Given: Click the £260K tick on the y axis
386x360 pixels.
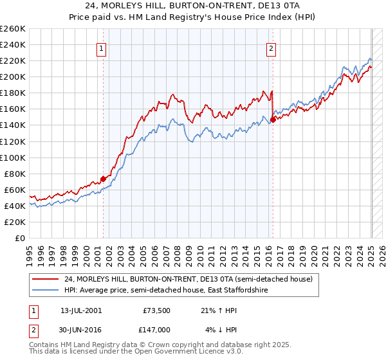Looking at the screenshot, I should point(13,28).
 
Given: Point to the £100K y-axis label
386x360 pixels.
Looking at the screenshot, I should point(13,157).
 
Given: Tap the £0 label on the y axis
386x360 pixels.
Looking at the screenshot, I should point(19,238).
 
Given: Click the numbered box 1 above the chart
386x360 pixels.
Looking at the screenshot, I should point(102,48).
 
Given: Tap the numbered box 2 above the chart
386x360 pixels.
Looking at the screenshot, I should point(271,48).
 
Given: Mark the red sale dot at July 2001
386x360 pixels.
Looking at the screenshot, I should point(103,179).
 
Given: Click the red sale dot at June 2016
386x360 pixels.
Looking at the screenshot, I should point(273,119).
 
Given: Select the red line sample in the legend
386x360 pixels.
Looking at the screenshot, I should point(45,279).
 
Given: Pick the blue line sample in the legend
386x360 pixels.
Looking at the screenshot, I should point(45,291).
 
